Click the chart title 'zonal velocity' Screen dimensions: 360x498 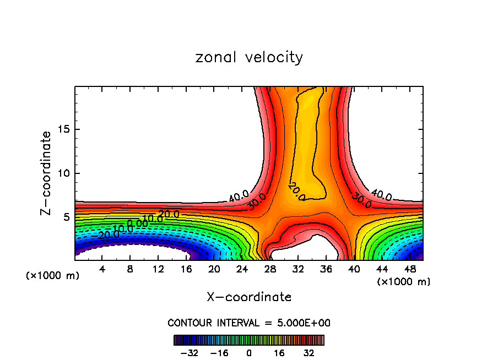249,57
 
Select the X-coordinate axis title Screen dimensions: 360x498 249,297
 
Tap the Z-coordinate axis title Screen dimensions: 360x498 47,173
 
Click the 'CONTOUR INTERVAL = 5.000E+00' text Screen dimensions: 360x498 249,323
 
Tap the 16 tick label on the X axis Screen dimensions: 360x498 186,269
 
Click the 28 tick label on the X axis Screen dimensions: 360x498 270,269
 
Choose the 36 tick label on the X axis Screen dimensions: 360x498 326,269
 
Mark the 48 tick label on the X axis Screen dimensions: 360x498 409,269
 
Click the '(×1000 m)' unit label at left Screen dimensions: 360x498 53,275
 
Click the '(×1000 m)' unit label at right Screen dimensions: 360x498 404,282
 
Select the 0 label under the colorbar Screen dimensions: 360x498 249,353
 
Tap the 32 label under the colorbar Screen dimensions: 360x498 308,353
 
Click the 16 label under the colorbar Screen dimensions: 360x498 279,353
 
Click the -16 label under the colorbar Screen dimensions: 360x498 219,353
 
